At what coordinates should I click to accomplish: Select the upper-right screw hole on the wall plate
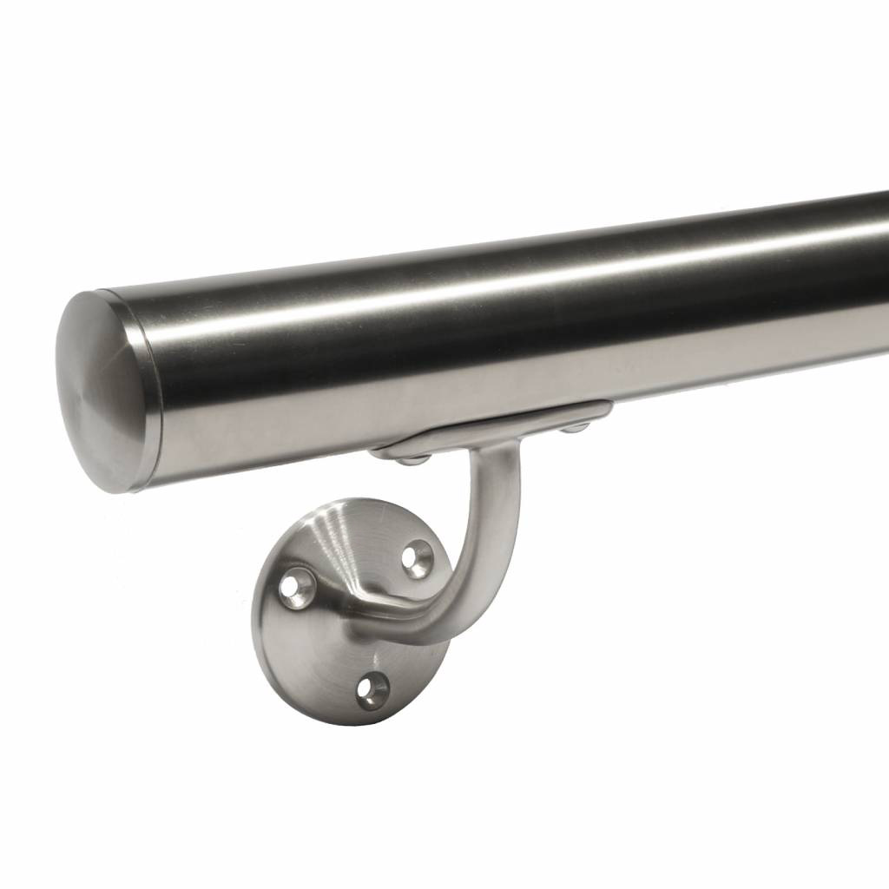(418, 558)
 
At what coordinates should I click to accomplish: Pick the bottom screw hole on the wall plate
(373, 690)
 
